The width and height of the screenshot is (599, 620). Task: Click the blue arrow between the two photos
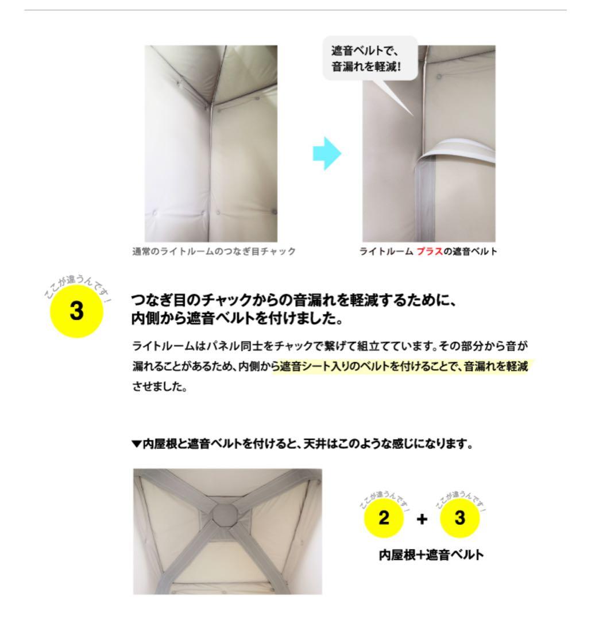[327, 154]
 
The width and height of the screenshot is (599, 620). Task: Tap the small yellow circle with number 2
[384, 518]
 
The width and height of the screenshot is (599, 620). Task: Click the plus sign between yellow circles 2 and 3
[422, 519]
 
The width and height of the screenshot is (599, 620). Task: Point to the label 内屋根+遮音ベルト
[431, 555]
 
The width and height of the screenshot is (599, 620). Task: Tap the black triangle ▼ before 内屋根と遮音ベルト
[136, 443]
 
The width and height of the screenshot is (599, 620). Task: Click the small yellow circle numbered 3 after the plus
[460, 518]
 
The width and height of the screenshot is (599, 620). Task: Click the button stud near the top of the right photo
[439, 76]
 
